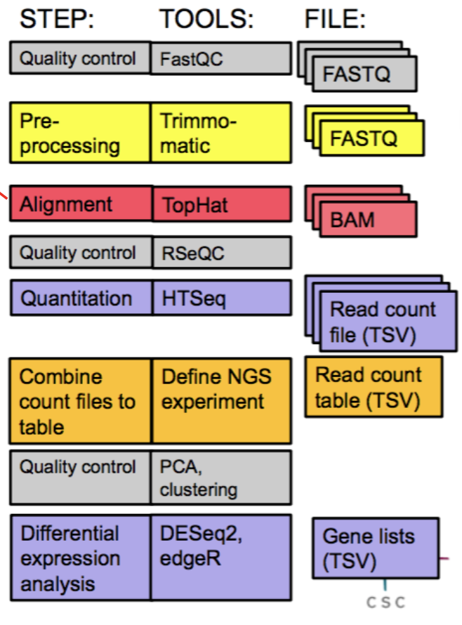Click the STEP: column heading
coord(57,20)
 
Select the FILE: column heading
coord(335,20)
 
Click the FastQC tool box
coord(220,58)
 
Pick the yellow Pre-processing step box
coord(80,133)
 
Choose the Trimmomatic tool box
coord(220,133)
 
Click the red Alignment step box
coord(80,204)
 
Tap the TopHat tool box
coord(220,204)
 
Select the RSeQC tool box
coord(220,253)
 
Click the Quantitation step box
coord(80,298)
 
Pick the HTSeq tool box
coord(220,298)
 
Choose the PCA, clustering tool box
coord(220,478)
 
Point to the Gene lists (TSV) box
coord(375,548)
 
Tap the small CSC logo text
coord(385,603)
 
